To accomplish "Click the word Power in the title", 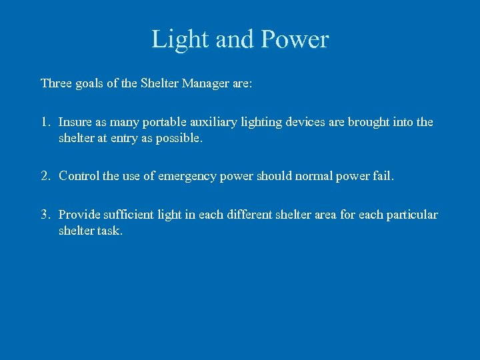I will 295,39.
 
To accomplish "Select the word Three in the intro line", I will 57,83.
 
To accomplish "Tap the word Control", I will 79,176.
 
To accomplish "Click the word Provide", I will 79,215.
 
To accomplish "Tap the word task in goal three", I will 109,231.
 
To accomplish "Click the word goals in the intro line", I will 93,84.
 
